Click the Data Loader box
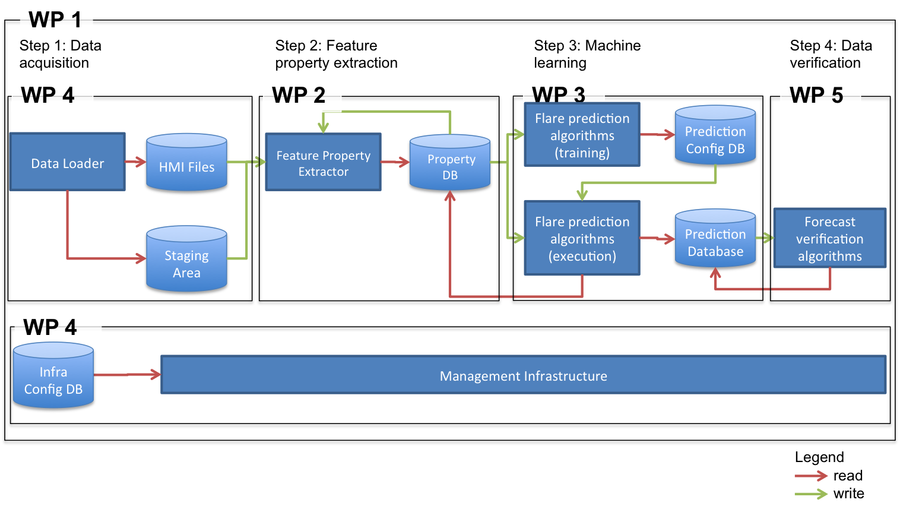(x=67, y=162)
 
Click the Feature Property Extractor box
(x=323, y=162)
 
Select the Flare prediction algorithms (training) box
(x=582, y=135)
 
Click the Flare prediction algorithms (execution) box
(x=582, y=238)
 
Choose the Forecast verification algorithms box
(x=829, y=238)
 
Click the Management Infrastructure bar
(x=523, y=375)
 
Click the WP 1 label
(x=56, y=20)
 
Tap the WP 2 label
(x=302, y=94)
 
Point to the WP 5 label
(x=820, y=94)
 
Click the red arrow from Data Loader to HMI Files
(x=136, y=162)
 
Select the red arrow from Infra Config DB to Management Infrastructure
(x=127, y=375)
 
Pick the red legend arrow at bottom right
(x=811, y=476)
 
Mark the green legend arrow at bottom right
(x=811, y=494)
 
